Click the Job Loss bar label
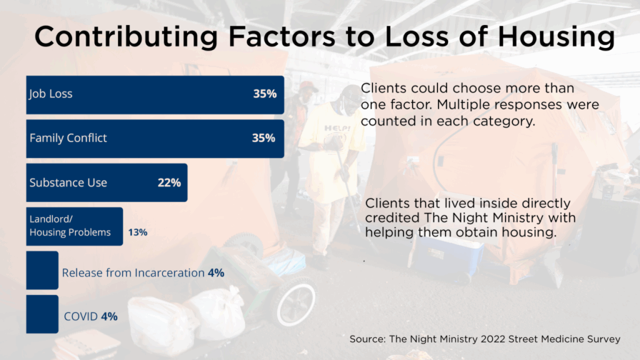51,94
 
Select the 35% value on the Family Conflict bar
263,138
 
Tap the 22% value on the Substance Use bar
169,182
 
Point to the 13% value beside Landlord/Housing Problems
137,232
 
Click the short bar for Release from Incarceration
42,270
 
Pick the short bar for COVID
42,314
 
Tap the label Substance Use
68,182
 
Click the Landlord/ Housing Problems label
70,226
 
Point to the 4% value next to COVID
109,316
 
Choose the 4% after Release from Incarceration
216,273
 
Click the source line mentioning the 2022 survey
484,339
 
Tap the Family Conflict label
68,138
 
